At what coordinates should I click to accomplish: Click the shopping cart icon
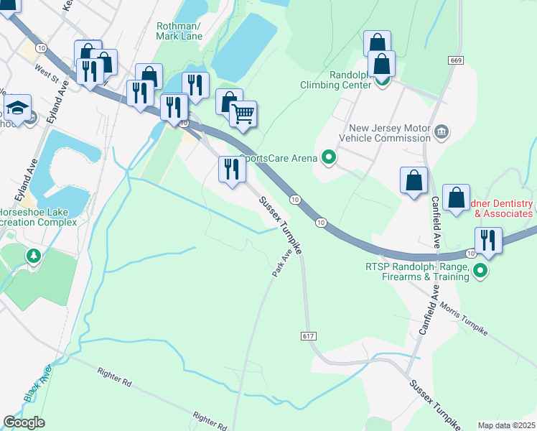click(x=243, y=113)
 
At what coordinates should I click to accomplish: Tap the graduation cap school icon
click(x=17, y=108)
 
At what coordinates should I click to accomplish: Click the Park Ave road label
click(x=283, y=264)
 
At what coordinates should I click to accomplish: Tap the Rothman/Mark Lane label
click(x=179, y=31)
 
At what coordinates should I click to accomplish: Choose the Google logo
click(x=24, y=422)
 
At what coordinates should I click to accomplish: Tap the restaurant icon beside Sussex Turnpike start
click(x=230, y=170)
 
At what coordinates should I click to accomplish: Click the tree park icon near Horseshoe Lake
click(x=33, y=255)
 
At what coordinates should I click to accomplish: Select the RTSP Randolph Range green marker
click(x=480, y=271)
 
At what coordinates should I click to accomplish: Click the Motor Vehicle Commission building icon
click(x=442, y=131)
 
